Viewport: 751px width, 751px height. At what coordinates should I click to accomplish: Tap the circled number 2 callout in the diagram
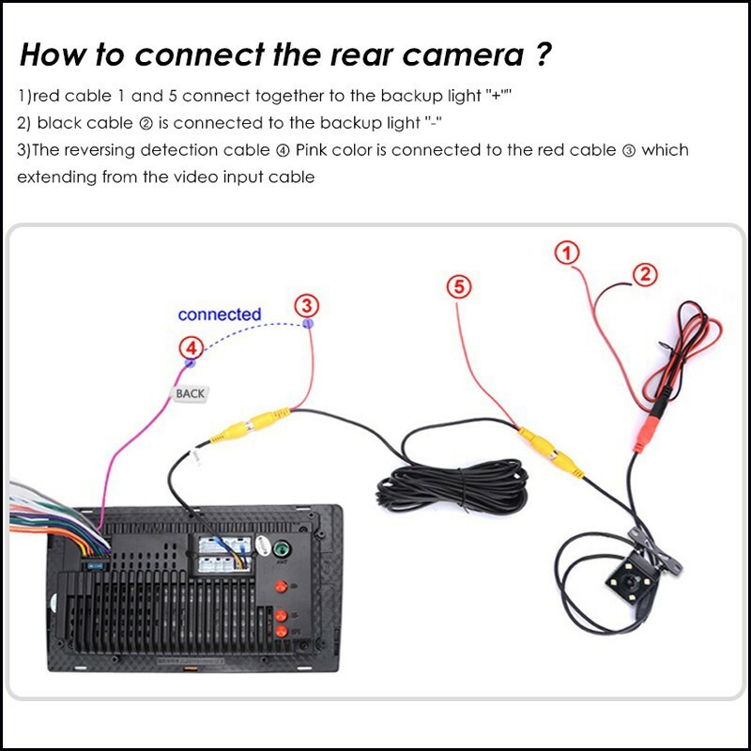click(x=645, y=274)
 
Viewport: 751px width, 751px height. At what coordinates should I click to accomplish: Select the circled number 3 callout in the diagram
click(x=307, y=305)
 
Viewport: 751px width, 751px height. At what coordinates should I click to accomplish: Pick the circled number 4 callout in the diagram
click(x=191, y=348)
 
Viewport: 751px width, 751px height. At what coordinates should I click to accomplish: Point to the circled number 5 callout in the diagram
click(x=457, y=286)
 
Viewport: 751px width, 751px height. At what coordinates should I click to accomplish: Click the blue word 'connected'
click(x=219, y=314)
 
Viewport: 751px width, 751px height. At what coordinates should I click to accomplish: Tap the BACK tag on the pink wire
click(x=190, y=394)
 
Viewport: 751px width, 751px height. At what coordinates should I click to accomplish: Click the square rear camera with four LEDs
click(x=629, y=582)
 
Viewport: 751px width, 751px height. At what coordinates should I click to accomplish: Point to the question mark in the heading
click(x=544, y=54)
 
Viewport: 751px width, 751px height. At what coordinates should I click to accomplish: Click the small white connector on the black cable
click(x=198, y=460)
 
